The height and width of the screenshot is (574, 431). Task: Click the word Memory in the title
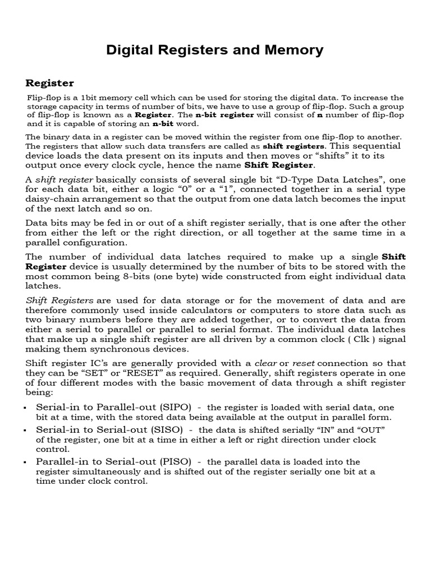point(296,50)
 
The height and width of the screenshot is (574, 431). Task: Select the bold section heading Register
point(49,83)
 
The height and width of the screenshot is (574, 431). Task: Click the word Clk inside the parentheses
point(366,339)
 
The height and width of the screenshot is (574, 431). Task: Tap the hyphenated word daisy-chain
point(52,199)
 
